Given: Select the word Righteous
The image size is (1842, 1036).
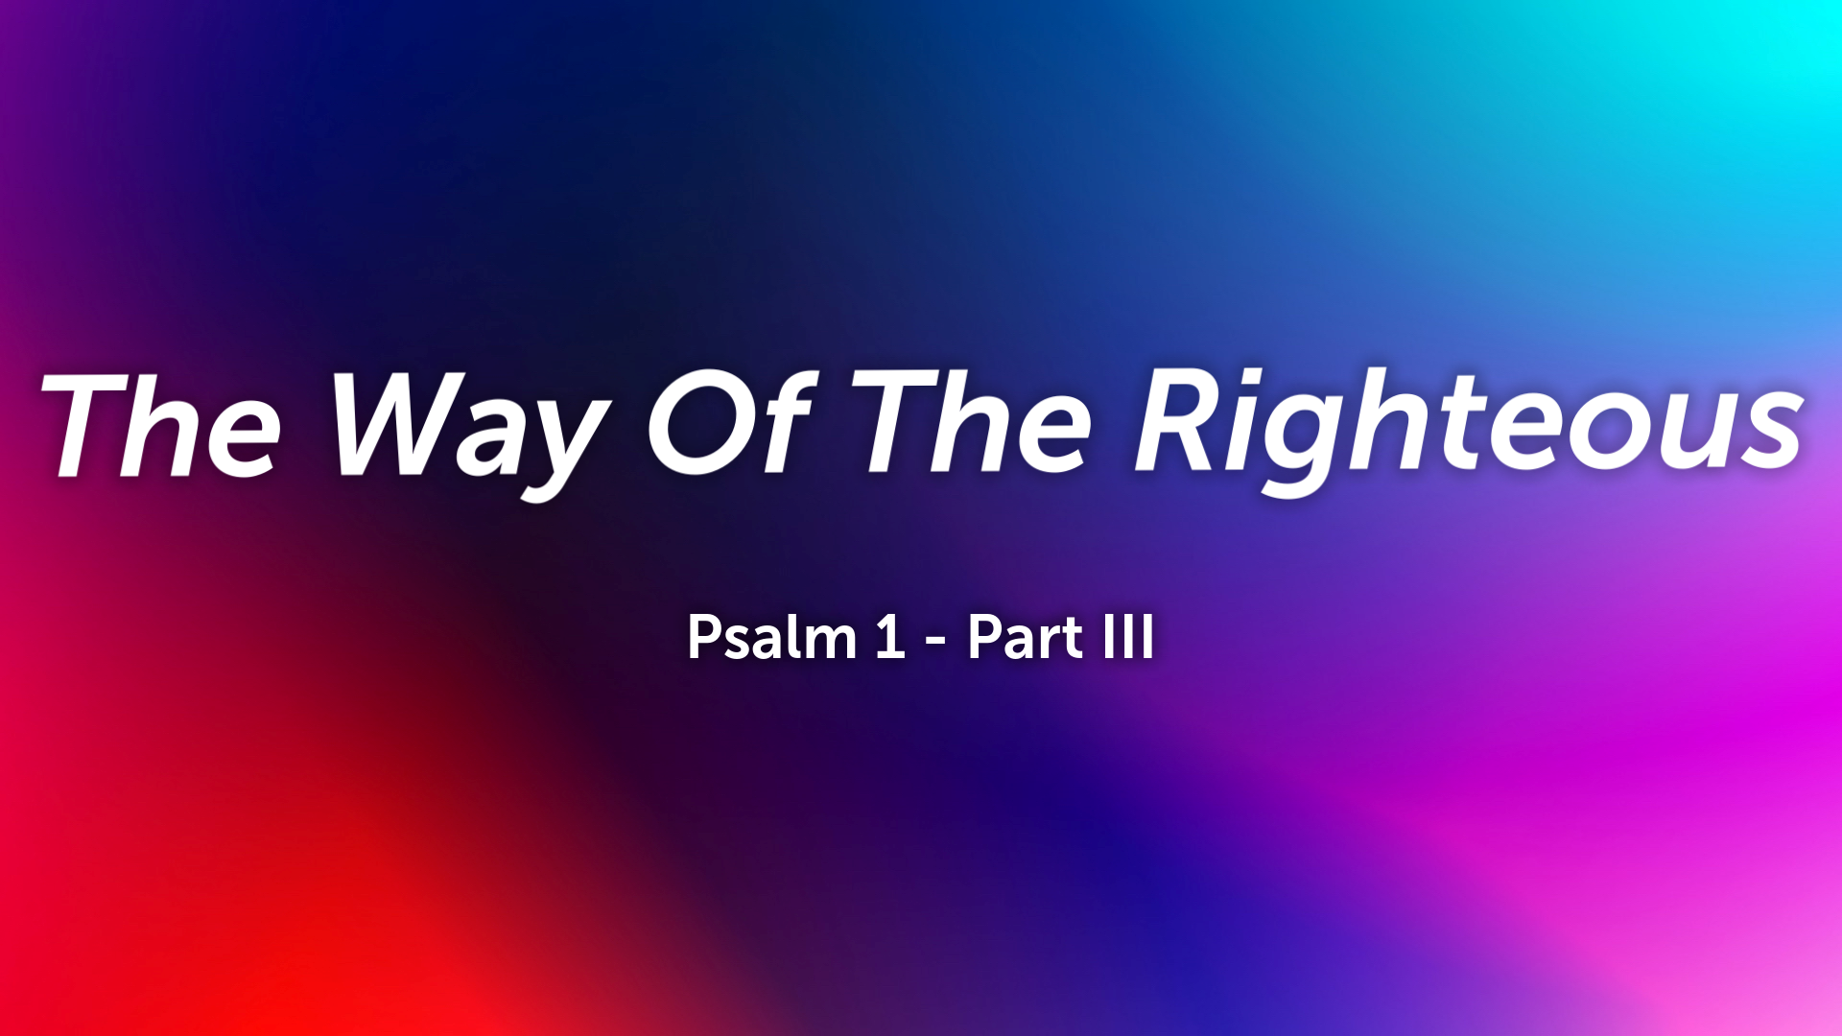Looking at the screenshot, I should [1468, 427].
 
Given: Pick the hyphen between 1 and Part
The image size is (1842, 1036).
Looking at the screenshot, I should [935, 641].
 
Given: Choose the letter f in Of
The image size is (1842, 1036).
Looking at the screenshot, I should [782, 422].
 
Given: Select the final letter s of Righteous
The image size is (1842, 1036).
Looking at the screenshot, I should [1771, 436].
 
